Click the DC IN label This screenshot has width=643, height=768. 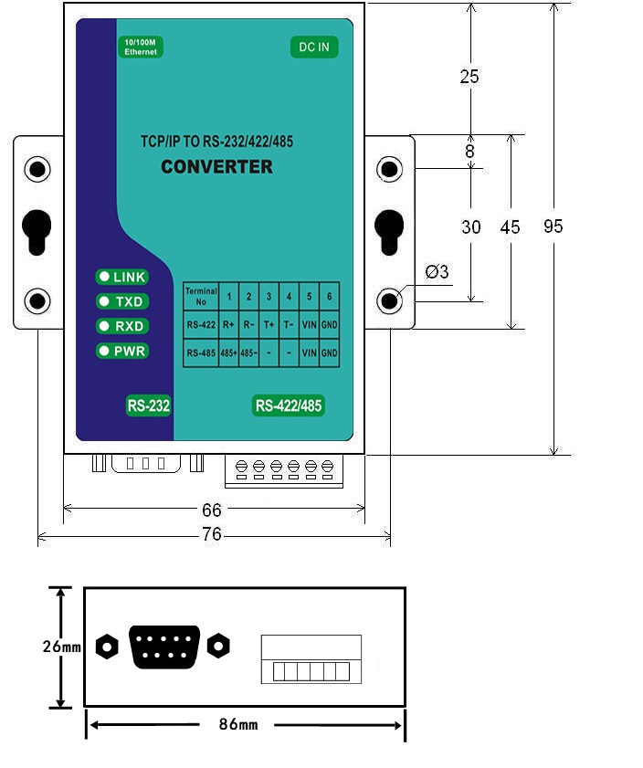tap(314, 47)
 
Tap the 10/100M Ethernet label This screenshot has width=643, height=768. tap(141, 47)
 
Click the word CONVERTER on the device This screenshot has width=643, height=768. tap(216, 167)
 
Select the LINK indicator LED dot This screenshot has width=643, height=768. tap(104, 277)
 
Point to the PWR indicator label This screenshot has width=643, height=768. tap(130, 351)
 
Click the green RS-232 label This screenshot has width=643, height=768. tap(149, 406)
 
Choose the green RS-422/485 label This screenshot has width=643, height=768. tap(289, 406)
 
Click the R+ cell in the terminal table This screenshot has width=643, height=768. tap(228, 324)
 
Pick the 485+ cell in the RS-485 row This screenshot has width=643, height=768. tap(228, 353)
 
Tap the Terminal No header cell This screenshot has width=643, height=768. tap(201, 295)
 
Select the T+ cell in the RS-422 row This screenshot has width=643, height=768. tap(269, 324)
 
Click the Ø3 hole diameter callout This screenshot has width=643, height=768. tap(437, 272)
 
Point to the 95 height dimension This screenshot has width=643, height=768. tap(553, 226)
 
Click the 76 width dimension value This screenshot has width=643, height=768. tap(212, 535)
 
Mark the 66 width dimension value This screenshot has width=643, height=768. tap(212, 508)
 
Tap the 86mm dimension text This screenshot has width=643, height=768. tap(238, 724)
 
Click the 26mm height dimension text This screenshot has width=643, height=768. tap(61, 647)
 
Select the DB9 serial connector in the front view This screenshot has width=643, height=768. tap(165, 647)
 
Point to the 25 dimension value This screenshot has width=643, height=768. tap(469, 77)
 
